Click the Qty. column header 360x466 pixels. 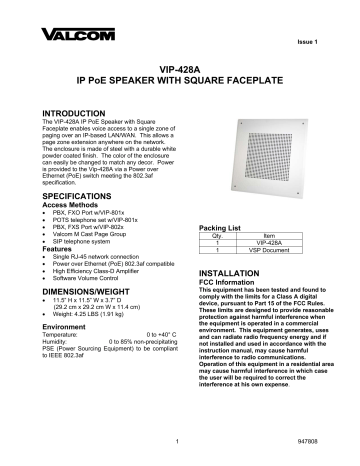click(217, 238)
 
